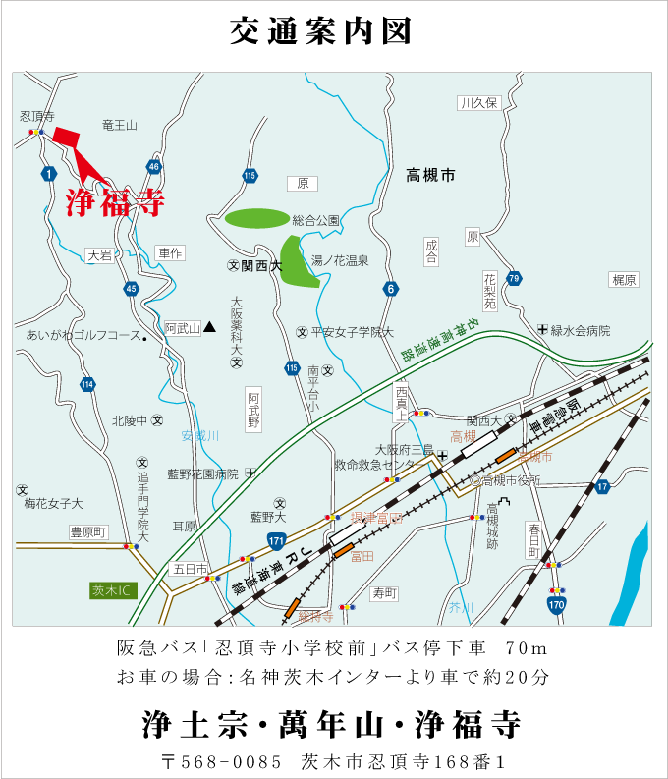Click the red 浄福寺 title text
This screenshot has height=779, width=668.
115,202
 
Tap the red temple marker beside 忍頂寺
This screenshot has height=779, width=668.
65,136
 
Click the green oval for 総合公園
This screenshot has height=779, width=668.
257,218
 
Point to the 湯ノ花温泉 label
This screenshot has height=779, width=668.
340,261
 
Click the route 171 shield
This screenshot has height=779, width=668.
276,540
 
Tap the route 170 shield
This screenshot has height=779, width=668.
557,605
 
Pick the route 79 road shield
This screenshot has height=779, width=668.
514,279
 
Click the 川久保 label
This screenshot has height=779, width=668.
478,103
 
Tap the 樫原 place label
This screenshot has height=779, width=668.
624,280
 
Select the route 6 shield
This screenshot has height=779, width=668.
391,289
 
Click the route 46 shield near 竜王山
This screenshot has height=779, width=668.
153,166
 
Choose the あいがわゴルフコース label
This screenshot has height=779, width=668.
83,336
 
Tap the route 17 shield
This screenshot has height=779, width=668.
602,486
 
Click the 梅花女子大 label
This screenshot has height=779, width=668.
54,503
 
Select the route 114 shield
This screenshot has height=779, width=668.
88,384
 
